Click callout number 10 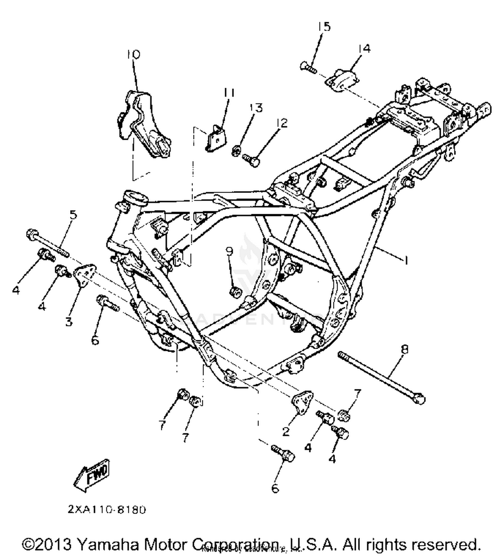tap(133, 54)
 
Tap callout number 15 tap(325, 27)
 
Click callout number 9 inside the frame tap(229, 251)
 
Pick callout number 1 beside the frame tap(406, 260)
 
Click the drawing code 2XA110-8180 tap(107, 510)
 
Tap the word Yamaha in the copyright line tap(109, 544)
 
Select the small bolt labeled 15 tap(308, 67)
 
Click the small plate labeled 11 tap(215, 138)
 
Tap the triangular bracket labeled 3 tap(84, 275)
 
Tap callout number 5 tap(73, 214)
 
